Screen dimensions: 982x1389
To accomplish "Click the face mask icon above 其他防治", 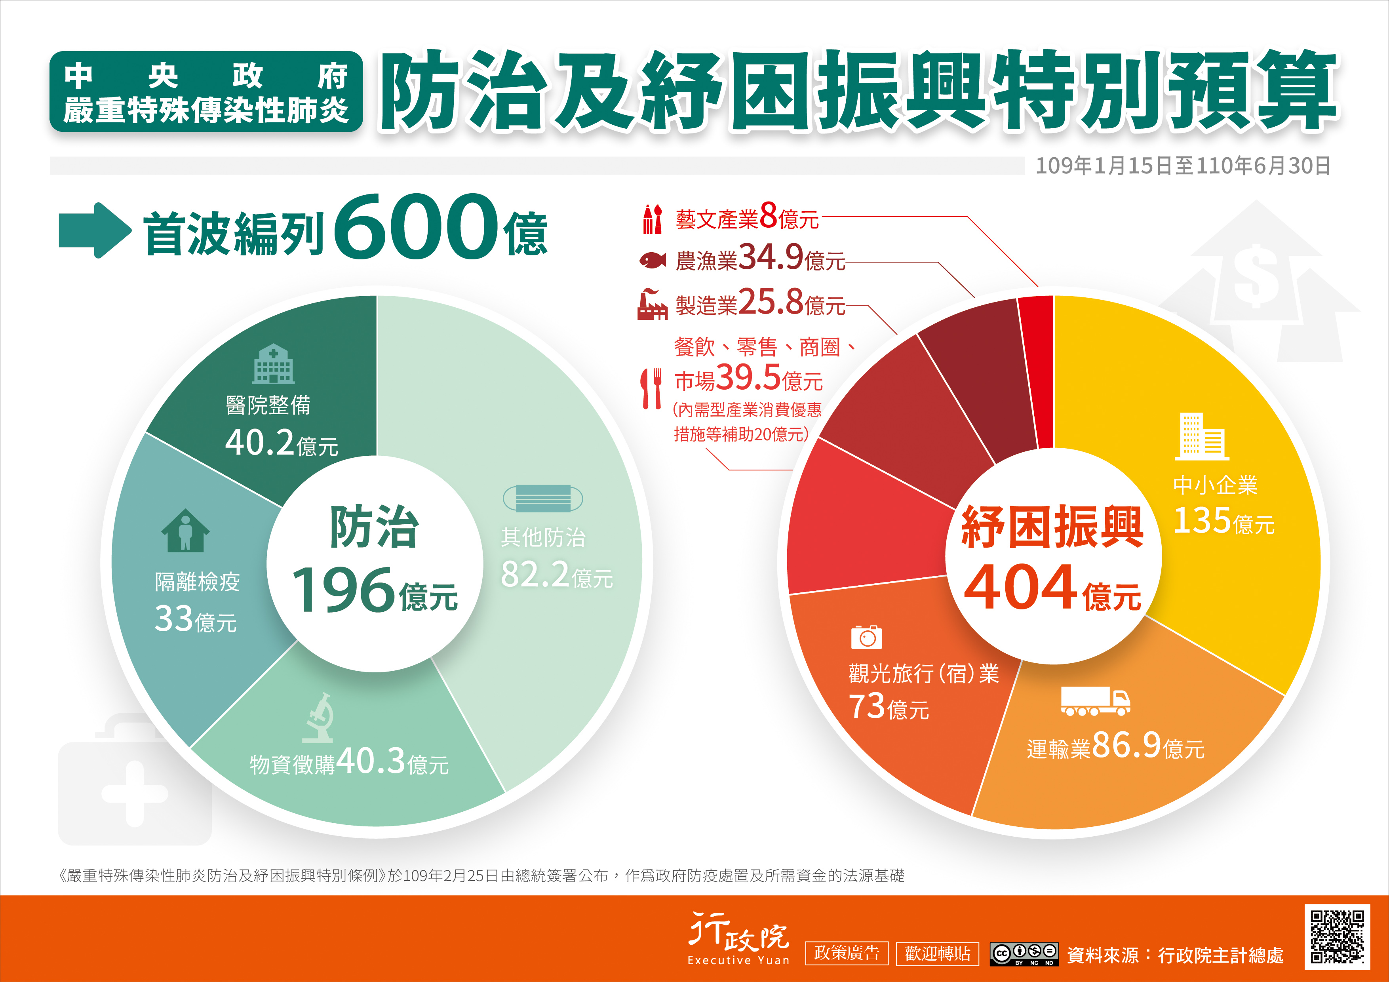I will click(543, 499).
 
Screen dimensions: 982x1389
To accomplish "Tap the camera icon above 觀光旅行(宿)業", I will click(866, 636).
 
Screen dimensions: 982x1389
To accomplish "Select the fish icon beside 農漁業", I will click(653, 260).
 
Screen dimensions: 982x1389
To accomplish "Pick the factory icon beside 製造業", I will click(652, 304).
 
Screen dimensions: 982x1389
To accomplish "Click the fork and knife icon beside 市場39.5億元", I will click(652, 388).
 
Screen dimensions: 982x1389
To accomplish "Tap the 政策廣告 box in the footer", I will click(846, 953).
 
